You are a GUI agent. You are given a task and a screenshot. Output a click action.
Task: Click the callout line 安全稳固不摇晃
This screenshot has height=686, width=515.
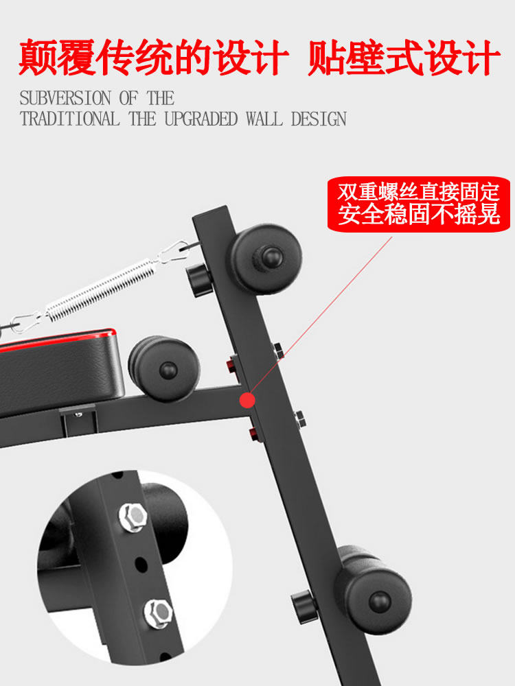point(419,215)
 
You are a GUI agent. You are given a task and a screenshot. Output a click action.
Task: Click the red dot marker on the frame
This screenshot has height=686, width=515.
point(247,399)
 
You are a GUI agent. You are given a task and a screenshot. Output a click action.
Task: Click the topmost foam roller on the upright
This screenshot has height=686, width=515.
point(266,257)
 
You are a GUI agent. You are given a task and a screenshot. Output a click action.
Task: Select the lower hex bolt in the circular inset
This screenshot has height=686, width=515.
point(157,611)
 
